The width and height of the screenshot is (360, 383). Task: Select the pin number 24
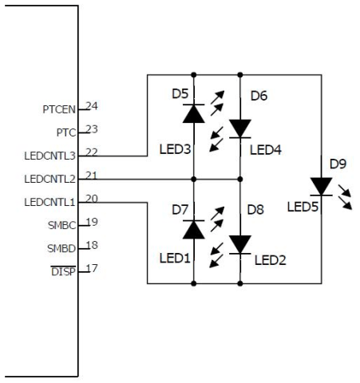click(x=92, y=105)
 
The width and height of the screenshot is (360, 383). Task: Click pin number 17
click(x=92, y=268)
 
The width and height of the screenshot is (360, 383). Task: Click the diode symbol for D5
click(x=192, y=114)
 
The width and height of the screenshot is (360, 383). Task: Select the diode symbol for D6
click(x=239, y=128)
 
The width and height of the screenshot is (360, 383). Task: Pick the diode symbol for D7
click(x=192, y=231)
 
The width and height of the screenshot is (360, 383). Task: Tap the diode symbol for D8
click(x=239, y=244)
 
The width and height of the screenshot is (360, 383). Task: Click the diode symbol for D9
click(x=321, y=186)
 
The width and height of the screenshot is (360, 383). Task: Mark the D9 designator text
click(x=338, y=164)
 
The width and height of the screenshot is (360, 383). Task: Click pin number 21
click(x=92, y=175)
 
